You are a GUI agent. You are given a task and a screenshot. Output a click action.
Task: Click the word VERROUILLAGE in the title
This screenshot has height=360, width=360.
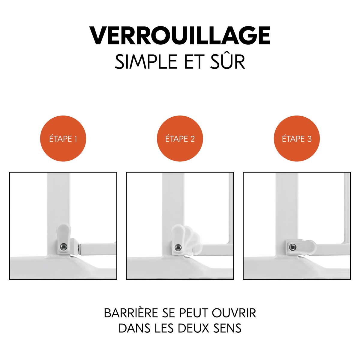pyautogui.click(x=180, y=35)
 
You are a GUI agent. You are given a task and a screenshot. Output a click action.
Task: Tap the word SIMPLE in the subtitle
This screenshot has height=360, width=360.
pyautogui.click(x=146, y=62)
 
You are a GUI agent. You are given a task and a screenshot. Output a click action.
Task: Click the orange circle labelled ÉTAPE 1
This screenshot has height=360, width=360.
pyautogui.click(x=63, y=138)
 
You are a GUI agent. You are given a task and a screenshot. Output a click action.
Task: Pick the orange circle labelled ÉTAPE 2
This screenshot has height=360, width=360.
pyautogui.click(x=180, y=138)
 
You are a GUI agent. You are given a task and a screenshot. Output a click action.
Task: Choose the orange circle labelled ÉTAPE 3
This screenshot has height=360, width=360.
pyautogui.click(x=297, y=138)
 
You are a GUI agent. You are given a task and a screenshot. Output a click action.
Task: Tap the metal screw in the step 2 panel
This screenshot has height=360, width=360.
pyautogui.click(x=178, y=247)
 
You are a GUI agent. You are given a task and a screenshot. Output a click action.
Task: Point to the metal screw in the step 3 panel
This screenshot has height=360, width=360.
pyautogui.click(x=292, y=247)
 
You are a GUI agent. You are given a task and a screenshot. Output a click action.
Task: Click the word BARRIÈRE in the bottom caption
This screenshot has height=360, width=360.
pyautogui.click(x=131, y=313)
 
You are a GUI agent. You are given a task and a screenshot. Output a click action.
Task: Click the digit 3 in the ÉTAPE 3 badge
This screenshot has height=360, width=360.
pyautogui.click(x=309, y=139)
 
